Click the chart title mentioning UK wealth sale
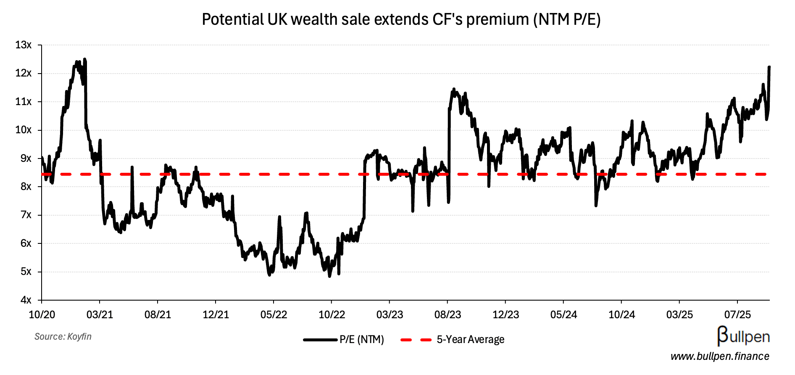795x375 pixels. tap(401, 20)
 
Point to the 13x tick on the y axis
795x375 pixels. tap(24, 45)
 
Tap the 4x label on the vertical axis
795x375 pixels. tap(26, 300)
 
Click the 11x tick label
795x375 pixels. tap(24, 102)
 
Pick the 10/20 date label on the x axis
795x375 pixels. tap(42, 315)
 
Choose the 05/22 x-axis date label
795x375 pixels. tap(274, 315)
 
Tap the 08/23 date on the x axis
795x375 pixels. tap(448, 315)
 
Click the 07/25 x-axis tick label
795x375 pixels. tap(737, 315)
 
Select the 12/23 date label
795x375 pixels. tap(505, 315)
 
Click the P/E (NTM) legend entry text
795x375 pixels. tap(362, 340)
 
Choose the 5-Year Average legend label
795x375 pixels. tap(471, 340)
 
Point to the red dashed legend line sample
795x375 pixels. tap(416, 340)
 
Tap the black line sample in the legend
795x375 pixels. tap(320, 340)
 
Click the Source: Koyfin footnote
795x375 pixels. tap(63, 337)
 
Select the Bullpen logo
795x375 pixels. tap(743, 336)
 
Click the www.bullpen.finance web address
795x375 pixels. tap(720, 357)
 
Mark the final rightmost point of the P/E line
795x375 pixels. tap(769, 67)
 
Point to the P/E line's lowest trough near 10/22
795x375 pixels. tap(329, 276)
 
